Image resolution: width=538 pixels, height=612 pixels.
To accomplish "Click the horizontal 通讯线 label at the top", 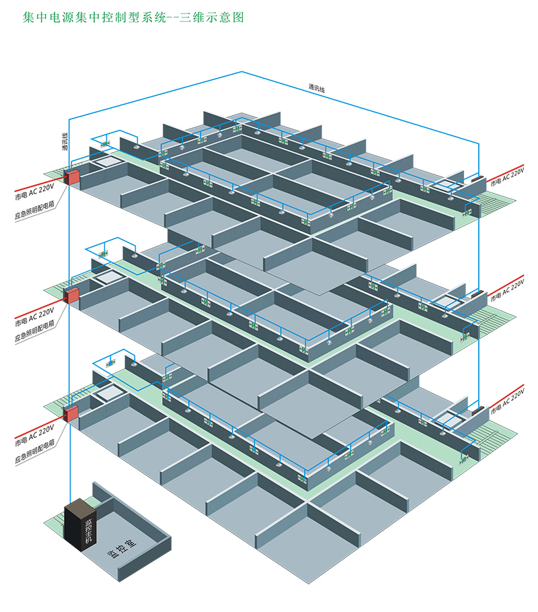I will coord(316,87).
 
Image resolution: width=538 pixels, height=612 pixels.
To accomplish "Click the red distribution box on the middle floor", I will coord(71,295).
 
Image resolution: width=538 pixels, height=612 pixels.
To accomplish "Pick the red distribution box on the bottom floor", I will coord(71,412).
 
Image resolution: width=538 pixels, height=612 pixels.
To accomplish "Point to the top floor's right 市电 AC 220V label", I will coord(506,176).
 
